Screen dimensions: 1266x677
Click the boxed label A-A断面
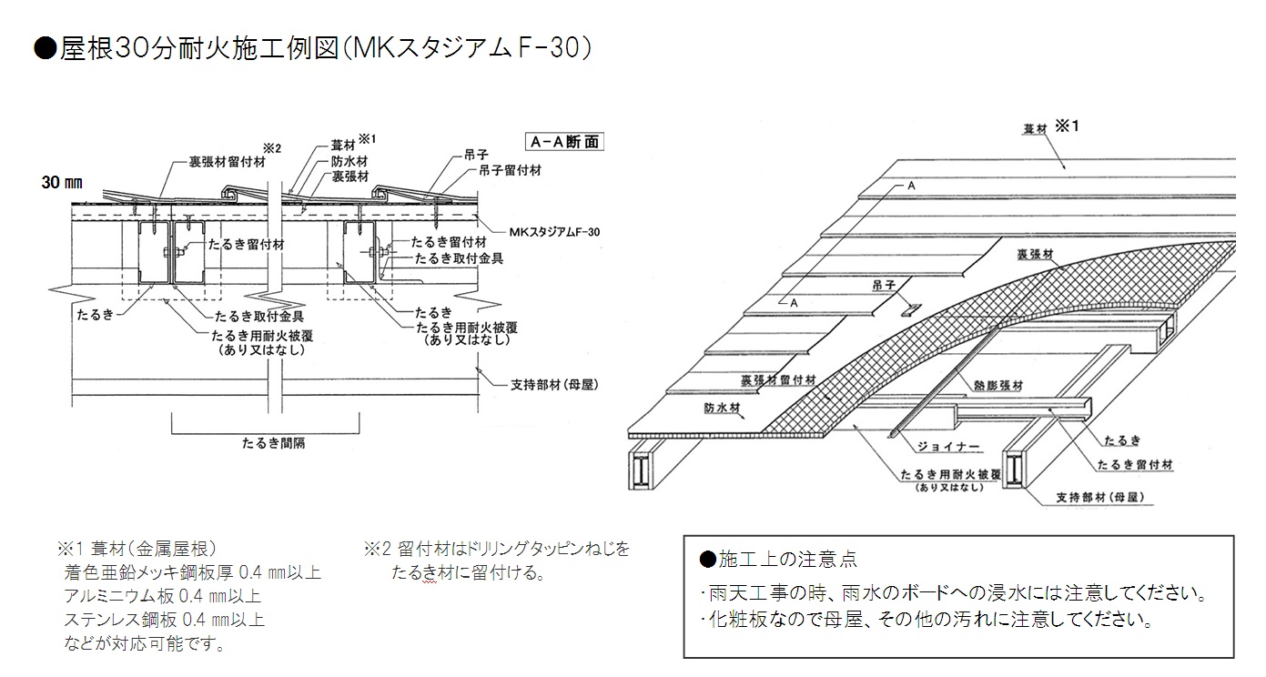point(564,142)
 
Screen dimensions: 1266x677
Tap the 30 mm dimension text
point(62,182)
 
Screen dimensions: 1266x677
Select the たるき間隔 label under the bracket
point(274,443)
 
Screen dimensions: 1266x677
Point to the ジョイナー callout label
point(948,447)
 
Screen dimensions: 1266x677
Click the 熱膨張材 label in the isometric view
point(998,386)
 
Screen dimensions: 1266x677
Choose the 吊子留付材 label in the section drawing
point(510,170)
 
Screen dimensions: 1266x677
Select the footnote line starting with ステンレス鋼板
point(164,620)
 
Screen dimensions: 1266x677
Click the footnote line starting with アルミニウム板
point(162,596)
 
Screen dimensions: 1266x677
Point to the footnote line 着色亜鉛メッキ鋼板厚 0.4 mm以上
point(192,572)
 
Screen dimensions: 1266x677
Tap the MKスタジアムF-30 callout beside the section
point(554,232)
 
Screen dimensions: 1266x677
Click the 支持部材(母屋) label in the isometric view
point(1100,498)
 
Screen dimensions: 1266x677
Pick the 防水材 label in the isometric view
point(722,408)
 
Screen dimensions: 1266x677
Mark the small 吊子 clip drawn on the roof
point(910,309)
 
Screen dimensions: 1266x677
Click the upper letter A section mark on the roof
point(910,186)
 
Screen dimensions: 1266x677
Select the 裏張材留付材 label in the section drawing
point(228,162)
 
